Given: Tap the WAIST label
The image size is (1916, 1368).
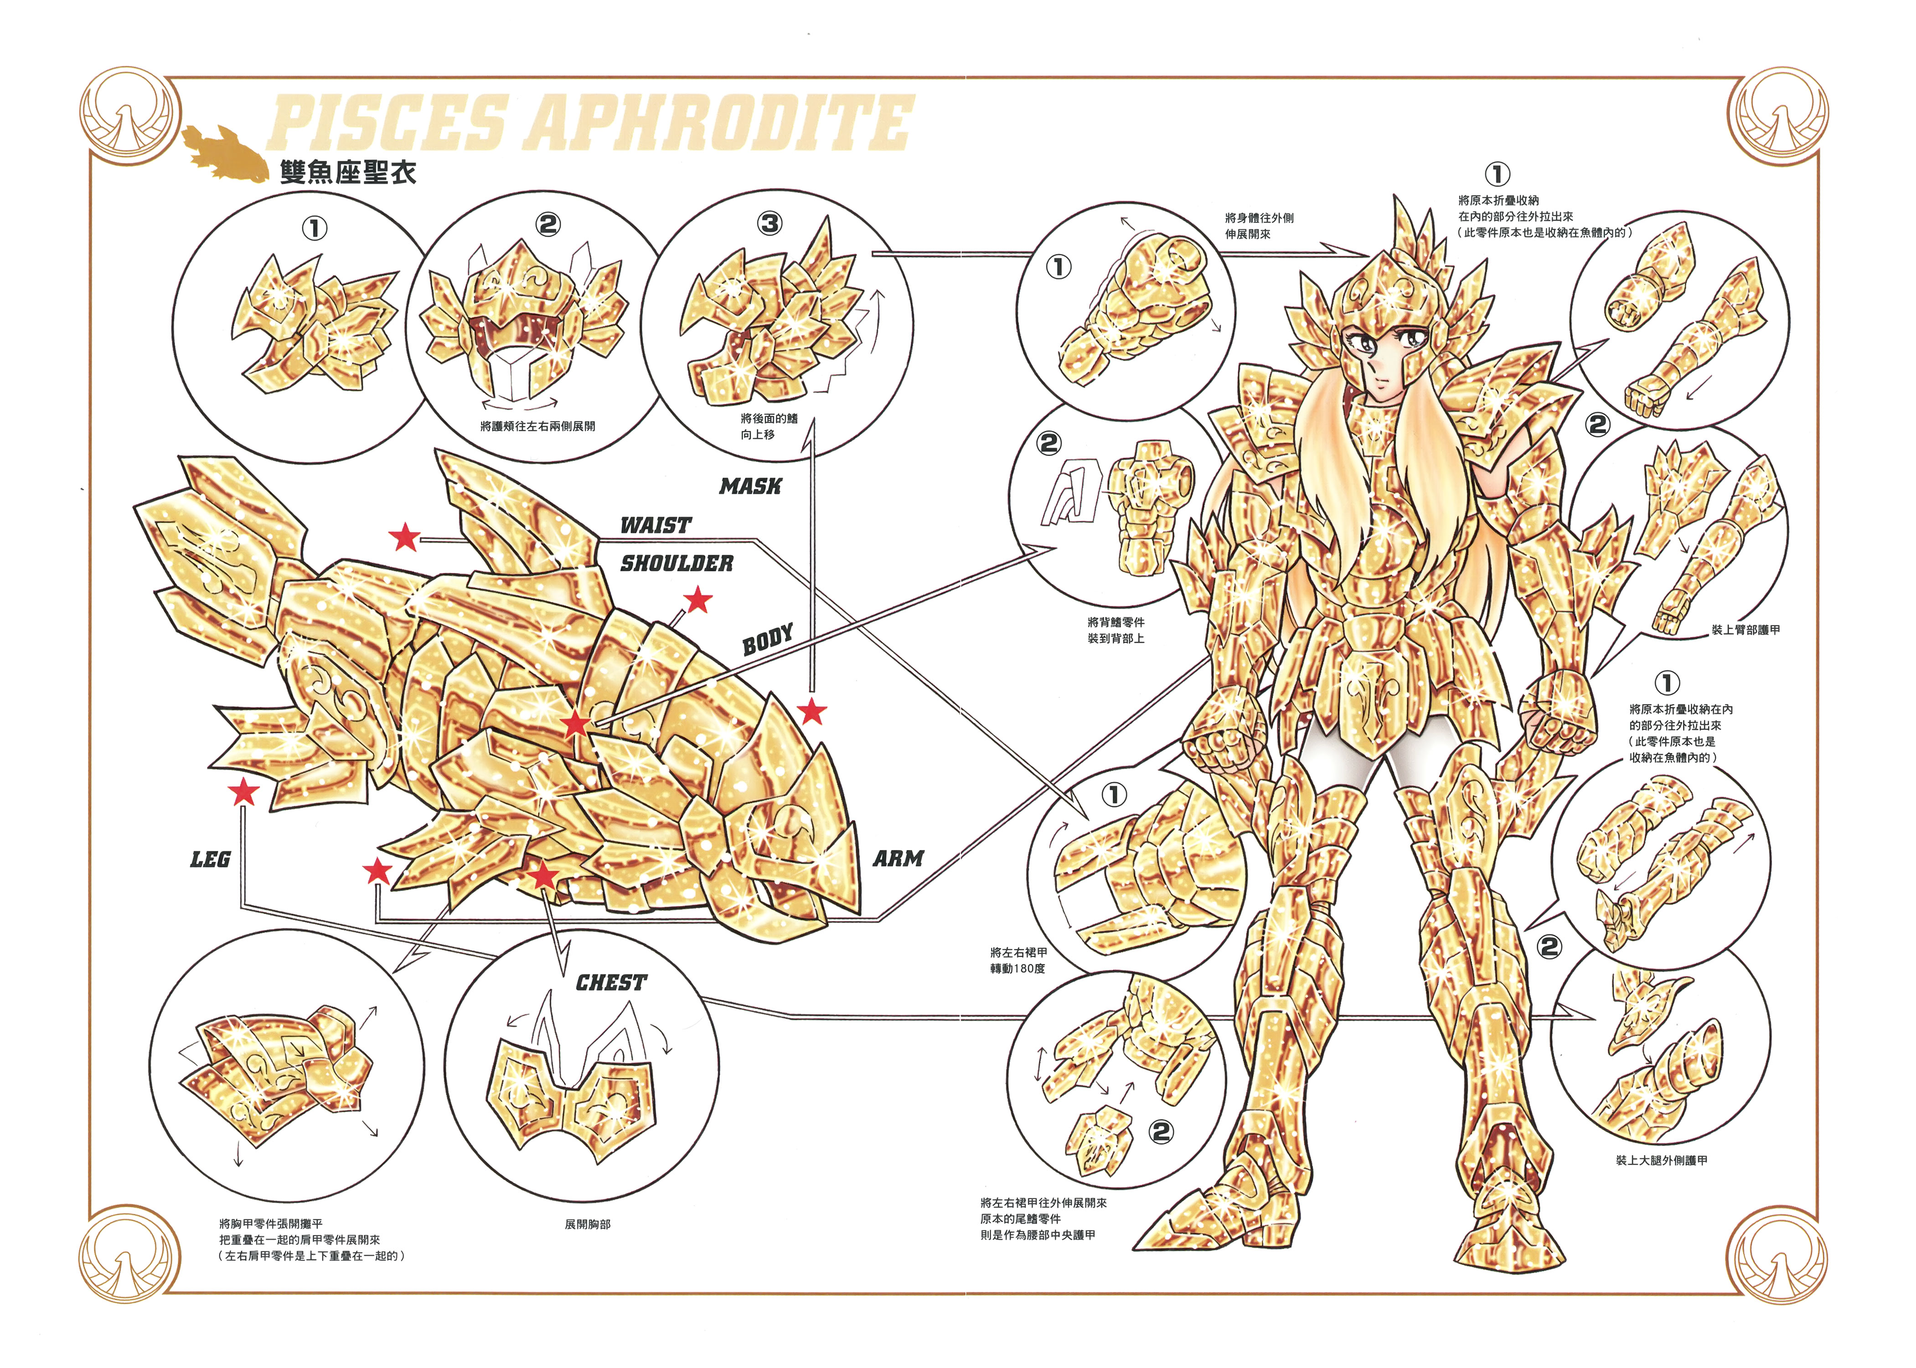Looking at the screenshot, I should [x=655, y=526].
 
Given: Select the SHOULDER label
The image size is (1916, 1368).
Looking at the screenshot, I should [x=677, y=564].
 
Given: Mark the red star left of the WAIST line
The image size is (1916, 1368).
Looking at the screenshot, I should [x=405, y=537].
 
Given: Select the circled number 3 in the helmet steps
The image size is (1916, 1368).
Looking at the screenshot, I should [x=770, y=223].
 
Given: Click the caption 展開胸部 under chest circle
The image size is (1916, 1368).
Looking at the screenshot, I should [x=587, y=1224].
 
